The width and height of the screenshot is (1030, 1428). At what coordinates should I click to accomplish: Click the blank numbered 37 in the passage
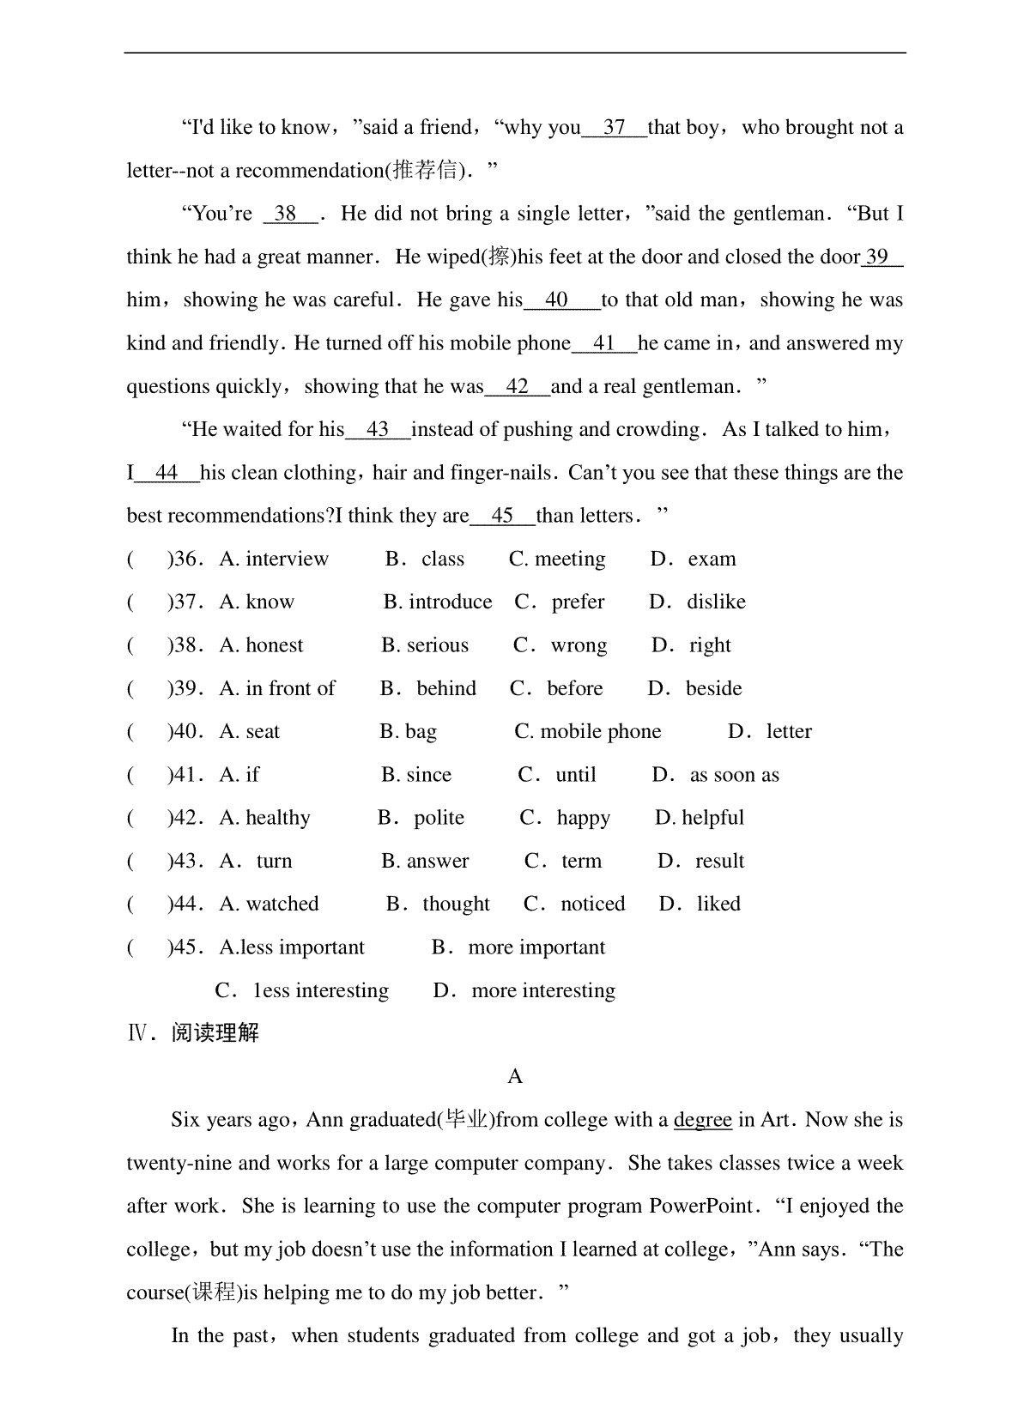[x=614, y=128]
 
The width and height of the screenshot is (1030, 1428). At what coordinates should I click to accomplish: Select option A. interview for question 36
[x=274, y=560]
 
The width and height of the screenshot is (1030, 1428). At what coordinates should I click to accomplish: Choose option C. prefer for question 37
[x=560, y=602]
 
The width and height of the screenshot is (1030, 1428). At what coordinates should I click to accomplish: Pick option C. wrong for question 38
[x=560, y=645]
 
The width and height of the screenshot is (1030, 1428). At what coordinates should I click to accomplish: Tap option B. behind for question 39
[x=428, y=688]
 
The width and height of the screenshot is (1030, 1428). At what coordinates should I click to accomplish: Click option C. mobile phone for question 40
[x=588, y=732]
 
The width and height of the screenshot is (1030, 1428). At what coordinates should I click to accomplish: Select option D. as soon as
[x=715, y=775]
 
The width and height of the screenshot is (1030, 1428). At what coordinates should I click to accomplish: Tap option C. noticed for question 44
[x=574, y=904]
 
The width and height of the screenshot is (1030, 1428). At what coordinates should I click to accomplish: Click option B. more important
[x=518, y=947]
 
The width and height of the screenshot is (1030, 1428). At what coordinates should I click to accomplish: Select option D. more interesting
[x=524, y=990]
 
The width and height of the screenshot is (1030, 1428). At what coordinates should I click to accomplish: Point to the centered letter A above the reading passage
[x=515, y=1077]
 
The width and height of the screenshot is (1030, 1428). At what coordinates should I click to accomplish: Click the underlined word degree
[x=703, y=1120]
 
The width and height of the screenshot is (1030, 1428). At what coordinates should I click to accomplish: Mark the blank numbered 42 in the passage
[x=518, y=387]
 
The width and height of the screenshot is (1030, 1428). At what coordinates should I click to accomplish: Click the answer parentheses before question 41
[x=146, y=775]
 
